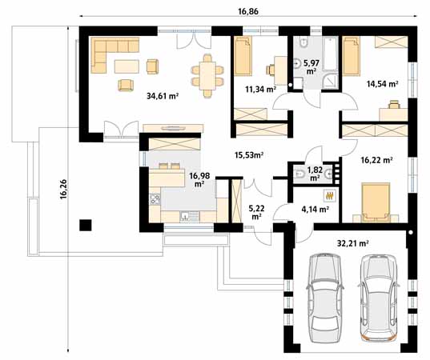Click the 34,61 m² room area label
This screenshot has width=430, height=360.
click(163, 97)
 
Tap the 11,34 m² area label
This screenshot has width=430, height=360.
click(261, 90)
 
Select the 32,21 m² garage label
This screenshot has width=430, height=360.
click(352, 242)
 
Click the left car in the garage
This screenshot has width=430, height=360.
click(325, 298)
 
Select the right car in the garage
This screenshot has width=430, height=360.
click(378, 298)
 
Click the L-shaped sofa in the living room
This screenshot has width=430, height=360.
click(103, 54)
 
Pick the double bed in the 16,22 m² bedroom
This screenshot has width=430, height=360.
click(376, 201)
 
